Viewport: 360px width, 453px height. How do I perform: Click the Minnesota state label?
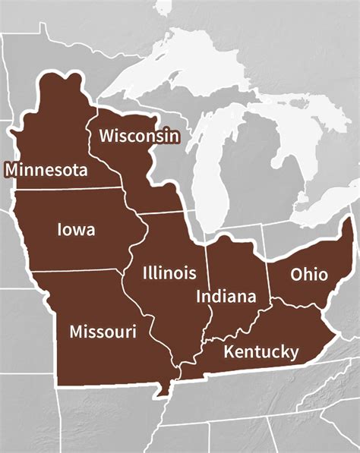(46, 169)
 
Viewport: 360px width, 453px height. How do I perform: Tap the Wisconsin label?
(139, 137)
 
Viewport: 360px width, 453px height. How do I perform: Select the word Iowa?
(76, 228)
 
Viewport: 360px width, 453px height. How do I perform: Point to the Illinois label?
(169, 273)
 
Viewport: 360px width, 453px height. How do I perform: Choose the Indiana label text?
(226, 296)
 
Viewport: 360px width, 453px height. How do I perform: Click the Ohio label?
(308, 274)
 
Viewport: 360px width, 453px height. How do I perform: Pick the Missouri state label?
(103, 332)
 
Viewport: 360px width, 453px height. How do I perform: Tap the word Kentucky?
(261, 351)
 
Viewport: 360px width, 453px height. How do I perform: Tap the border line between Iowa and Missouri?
(84, 269)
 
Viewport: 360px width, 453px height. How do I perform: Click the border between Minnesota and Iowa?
(68, 188)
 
